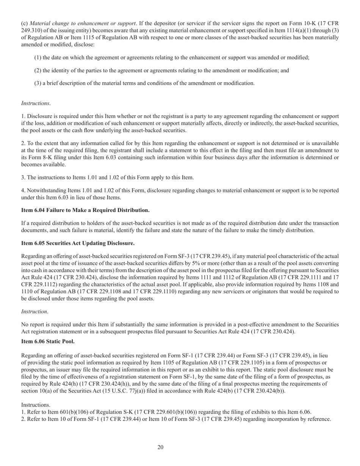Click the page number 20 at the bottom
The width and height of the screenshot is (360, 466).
point(160,447)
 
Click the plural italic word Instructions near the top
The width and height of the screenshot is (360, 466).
point(36,103)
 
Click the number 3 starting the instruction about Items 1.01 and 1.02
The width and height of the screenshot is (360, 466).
point(23,177)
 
